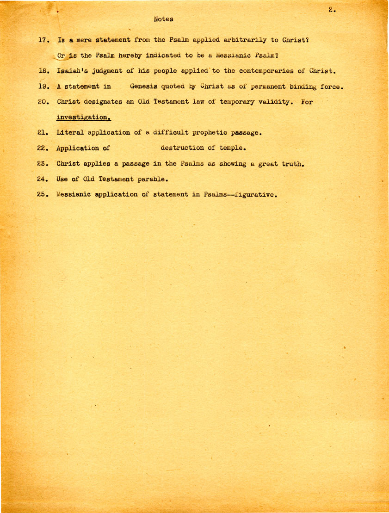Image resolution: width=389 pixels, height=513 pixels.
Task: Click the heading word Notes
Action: (163, 19)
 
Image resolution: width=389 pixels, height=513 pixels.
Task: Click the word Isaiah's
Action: (73, 72)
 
